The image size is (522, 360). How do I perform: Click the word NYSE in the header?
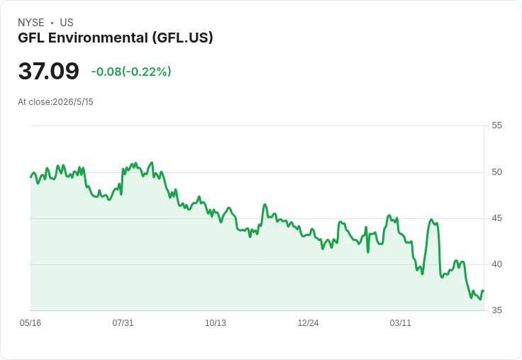tap(31, 23)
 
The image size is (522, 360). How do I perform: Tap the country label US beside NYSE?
tap(67, 23)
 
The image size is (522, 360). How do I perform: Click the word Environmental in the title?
tap(98, 38)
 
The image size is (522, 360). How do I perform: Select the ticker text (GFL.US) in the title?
tap(182, 38)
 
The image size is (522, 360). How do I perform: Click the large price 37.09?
tap(49, 71)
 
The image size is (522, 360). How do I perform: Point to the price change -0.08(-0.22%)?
tap(131, 72)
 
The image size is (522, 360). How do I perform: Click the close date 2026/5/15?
tap(73, 102)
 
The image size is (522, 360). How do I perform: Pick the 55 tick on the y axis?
tap(496, 125)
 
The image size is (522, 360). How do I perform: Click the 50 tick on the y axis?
tap(496, 172)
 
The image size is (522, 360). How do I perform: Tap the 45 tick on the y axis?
tap(496, 218)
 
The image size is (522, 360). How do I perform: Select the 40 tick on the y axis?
tap(496, 264)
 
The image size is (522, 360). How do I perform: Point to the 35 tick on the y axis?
tap(496, 310)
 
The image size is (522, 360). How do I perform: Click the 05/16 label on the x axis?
tap(30, 322)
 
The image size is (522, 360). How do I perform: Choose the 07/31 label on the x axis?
tap(123, 322)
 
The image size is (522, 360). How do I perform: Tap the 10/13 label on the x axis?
tap(216, 322)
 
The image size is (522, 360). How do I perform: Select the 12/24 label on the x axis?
tap(308, 322)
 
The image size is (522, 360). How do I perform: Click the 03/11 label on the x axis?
tap(401, 322)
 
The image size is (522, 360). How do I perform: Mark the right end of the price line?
tap(484, 291)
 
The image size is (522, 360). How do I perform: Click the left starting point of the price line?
tap(31, 177)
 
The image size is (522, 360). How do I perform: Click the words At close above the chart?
tap(34, 102)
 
